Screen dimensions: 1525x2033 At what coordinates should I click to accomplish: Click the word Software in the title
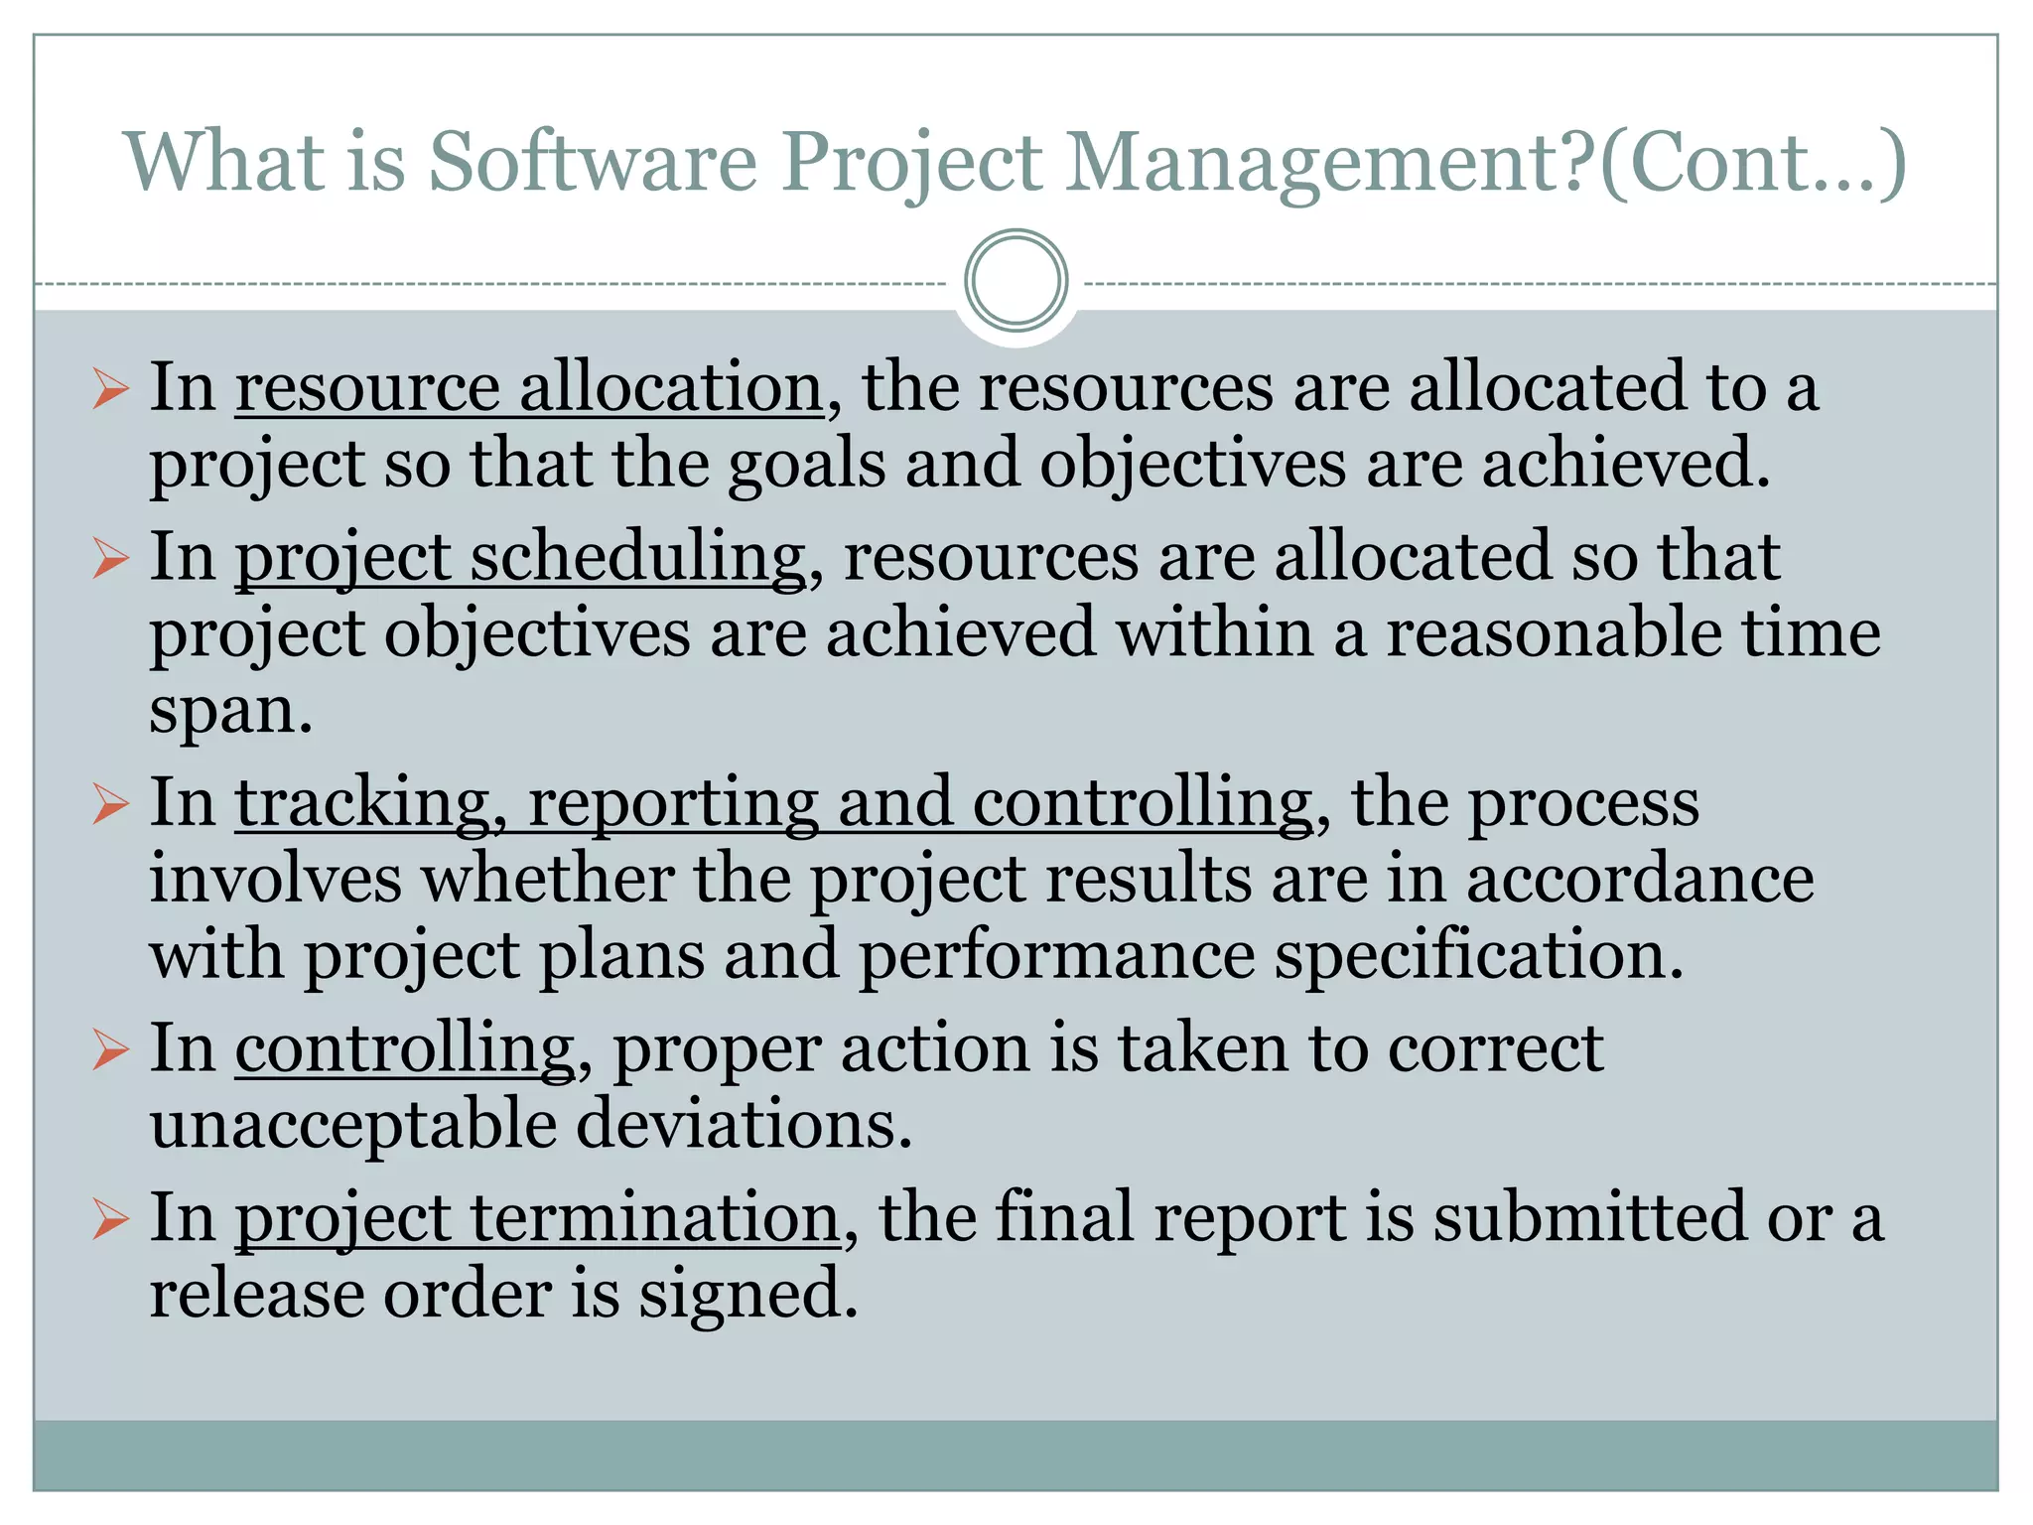pyautogui.click(x=593, y=162)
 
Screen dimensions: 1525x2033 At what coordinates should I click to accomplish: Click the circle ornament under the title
pyautogui.click(x=1016, y=281)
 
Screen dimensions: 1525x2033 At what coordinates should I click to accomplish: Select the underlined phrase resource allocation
pyautogui.click(x=529, y=387)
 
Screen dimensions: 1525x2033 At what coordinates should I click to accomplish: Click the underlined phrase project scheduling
pyautogui.click(x=520, y=558)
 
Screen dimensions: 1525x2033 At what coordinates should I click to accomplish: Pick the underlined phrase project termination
pyautogui.click(x=537, y=1219)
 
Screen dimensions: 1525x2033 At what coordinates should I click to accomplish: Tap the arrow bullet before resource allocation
pyautogui.click(x=110, y=389)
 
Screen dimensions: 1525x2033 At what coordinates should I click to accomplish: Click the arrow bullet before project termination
pyautogui.click(x=110, y=1219)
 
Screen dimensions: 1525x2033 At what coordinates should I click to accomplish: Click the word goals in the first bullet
pyautogui.click(x=806, y=464)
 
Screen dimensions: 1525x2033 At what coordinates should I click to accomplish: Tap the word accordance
pyautogui.click(x=1640, y=880)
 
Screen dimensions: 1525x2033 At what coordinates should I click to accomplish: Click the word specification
pyautogui.click(x=1479, y=955)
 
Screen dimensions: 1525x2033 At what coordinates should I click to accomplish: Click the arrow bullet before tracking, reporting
pyautogui.click(x=110, y=802)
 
